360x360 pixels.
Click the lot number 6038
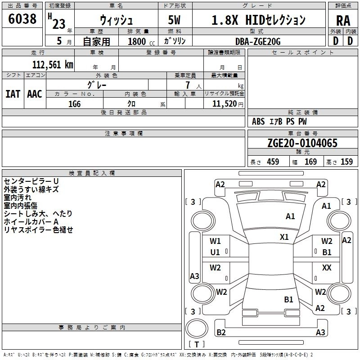(x=22, y=20)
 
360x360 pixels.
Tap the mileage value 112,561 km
(x=53, y=65)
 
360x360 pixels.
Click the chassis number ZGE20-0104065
(x=302, y=144)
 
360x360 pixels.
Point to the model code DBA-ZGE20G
(x=258, y=41)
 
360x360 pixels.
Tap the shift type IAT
(x=13, y=94)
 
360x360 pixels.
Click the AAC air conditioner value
(x=35, y=94)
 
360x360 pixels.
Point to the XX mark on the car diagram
(x=327, y=268)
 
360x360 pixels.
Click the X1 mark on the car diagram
(x=284, y=237)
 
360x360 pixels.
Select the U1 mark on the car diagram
(x=215, y=252)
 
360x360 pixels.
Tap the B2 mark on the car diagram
(x=221, y=333)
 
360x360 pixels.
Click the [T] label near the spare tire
(x=197, y=344)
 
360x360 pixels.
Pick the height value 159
(x=346, y=162)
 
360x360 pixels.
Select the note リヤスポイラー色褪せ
(x=38, y=230)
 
